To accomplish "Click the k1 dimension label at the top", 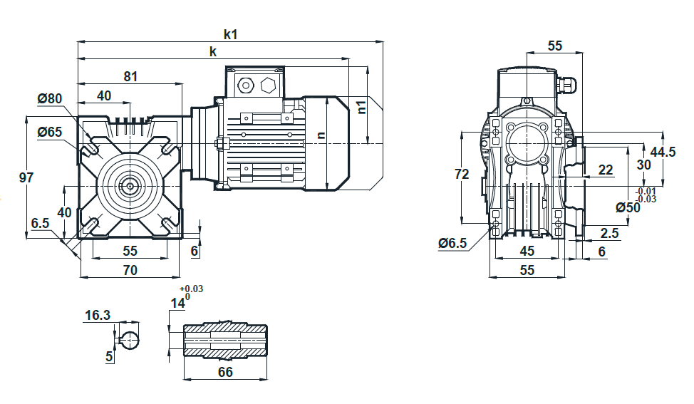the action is [231, 34].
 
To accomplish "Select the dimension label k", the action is [213, 51].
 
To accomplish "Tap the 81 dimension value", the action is [130, 76].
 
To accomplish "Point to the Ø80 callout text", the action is [50, 98].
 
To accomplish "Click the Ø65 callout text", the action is [50, 131].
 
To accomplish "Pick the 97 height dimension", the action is [26, 177].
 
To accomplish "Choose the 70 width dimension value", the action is [130, 270].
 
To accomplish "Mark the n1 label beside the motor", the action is [361, 107].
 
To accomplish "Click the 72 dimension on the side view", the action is [462, 174].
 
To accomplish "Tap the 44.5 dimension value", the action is [663, 152].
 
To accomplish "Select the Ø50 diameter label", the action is [628, 207].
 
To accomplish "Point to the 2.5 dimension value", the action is [609, 233].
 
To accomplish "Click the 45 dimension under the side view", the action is [527, 251].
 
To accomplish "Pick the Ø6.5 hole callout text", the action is [452, 242].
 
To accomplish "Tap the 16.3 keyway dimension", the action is [98, 315].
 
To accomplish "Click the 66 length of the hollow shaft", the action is [225, 372].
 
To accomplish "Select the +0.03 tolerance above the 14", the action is [191, 289].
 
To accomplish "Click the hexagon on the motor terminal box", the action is [268, 85].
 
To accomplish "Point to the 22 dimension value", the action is [606, 170].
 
